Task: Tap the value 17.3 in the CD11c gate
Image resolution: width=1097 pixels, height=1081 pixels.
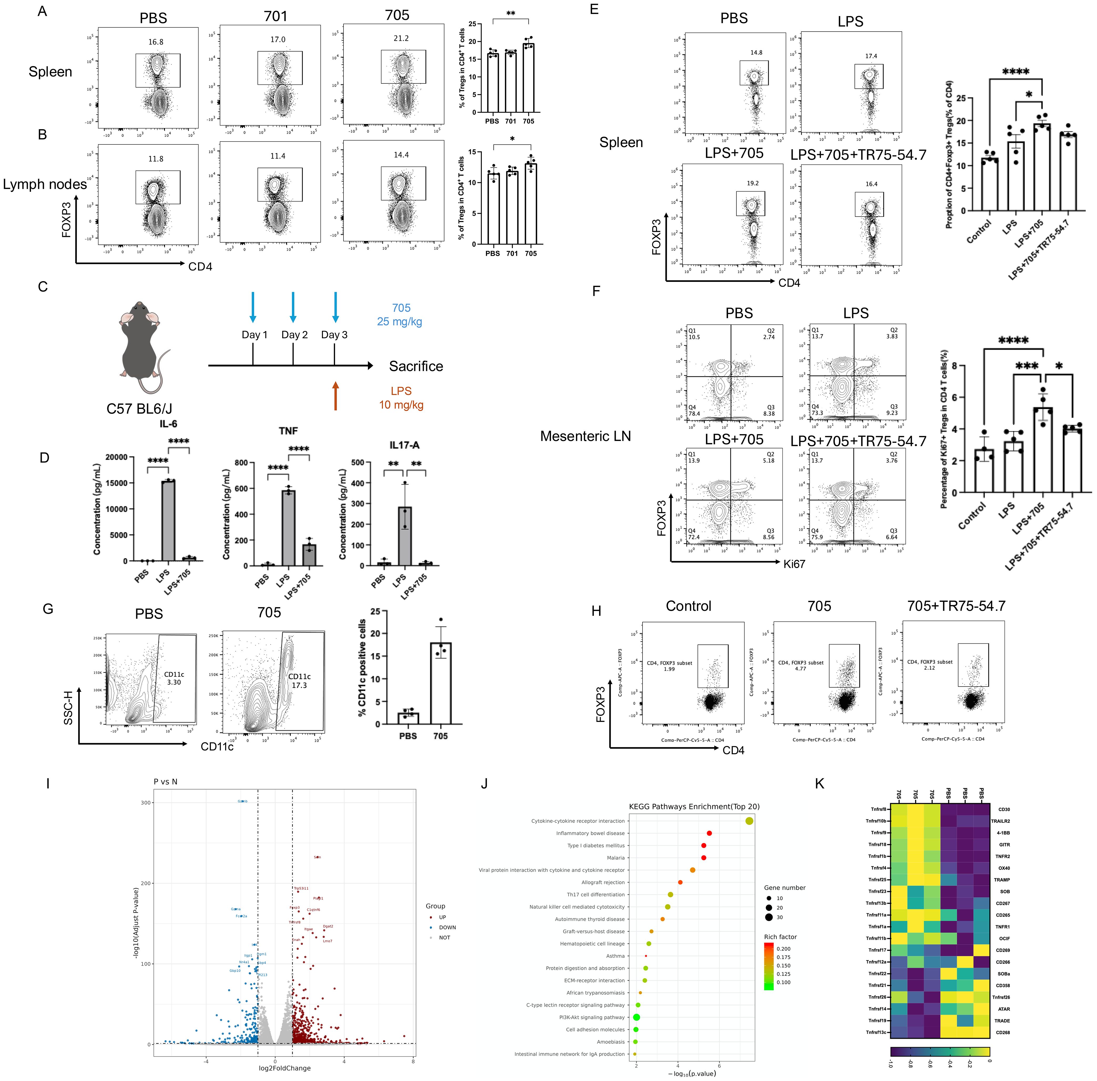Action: coord(299,685)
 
